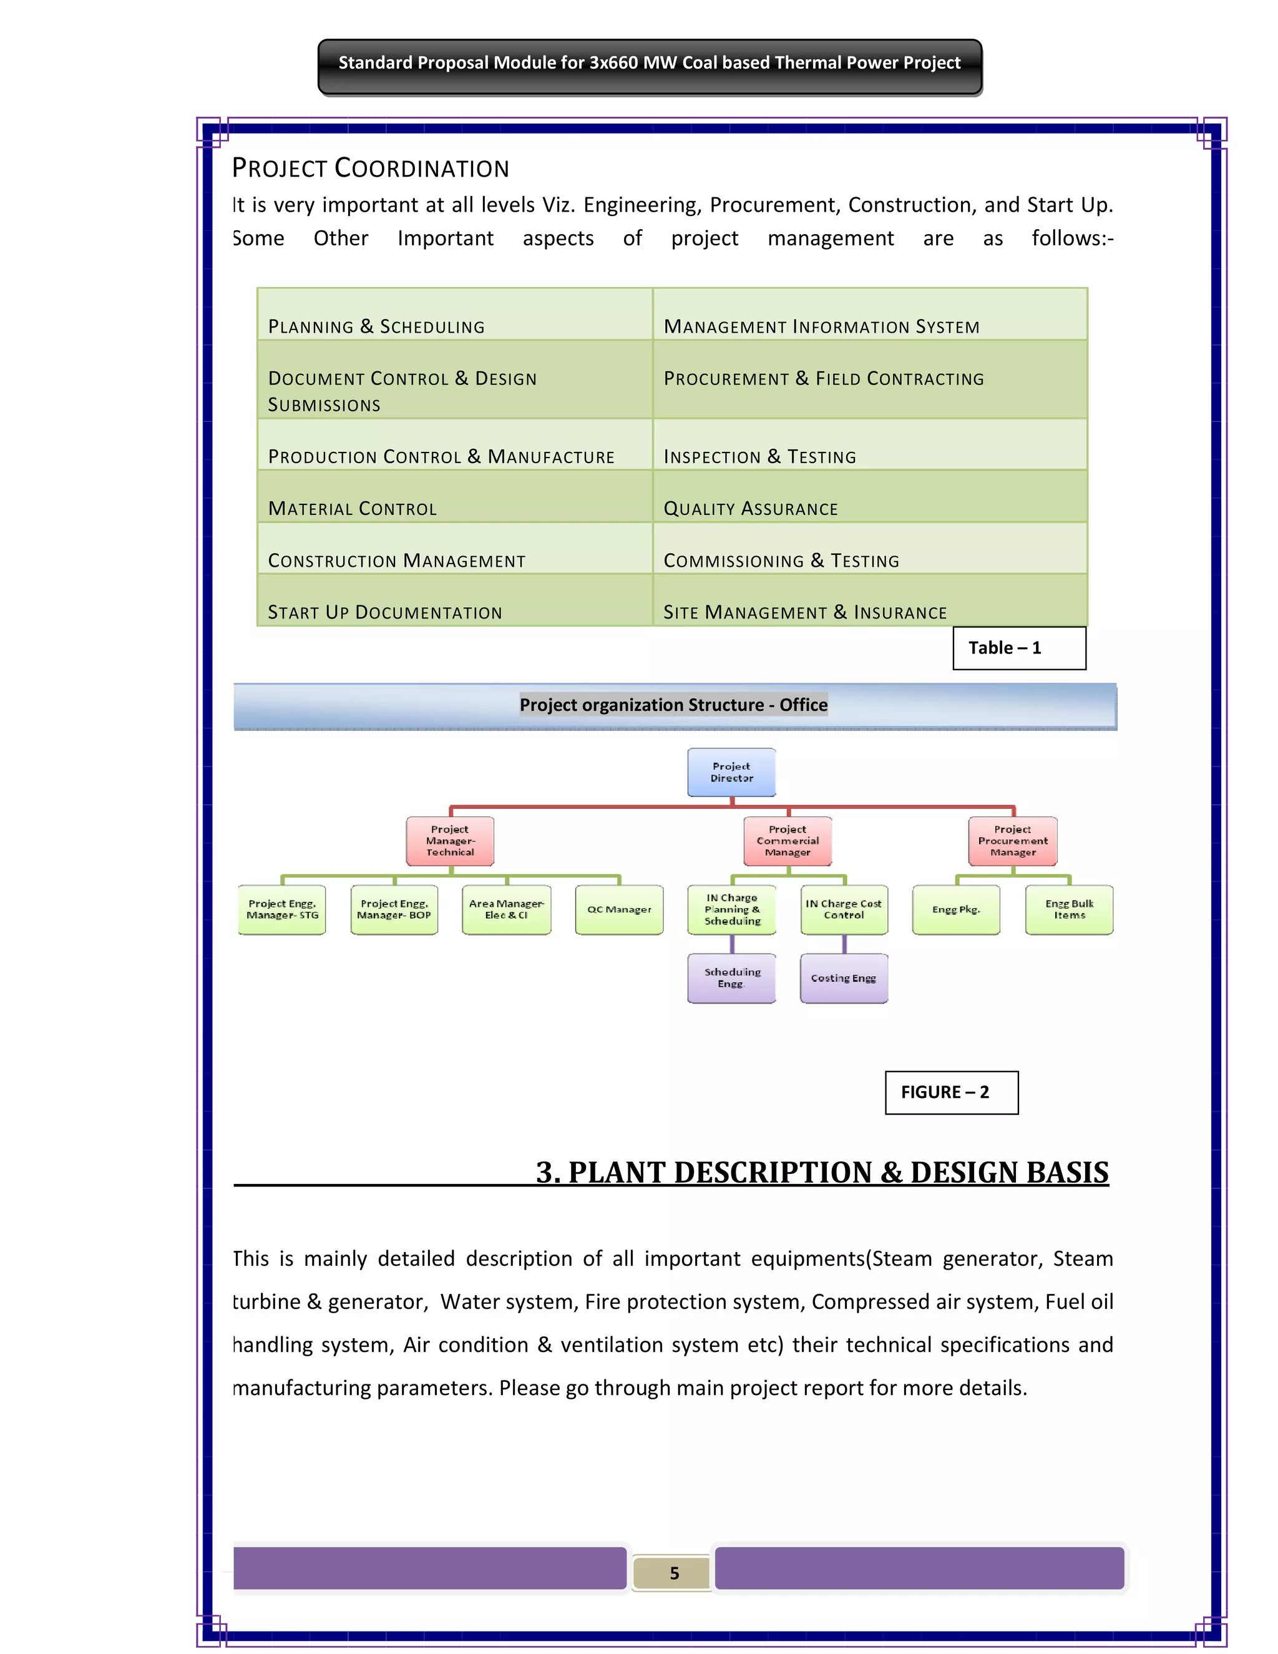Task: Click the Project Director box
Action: coord(731,773)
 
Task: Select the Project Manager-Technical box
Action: coord(450,841)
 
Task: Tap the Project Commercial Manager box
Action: coord(788,841)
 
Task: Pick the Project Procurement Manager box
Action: coord(1012,841)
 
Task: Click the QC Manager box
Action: coord(618,909)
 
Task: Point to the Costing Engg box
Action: coord(844,979)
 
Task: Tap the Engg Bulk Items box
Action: coord(1069,909)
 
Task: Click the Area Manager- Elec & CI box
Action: coord(507,909)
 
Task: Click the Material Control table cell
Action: coord(454,497)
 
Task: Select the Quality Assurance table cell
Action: coord(869,497)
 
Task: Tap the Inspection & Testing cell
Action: coord(869,445)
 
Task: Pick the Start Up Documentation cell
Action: coord(454,600)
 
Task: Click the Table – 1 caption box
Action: coord(1019,648)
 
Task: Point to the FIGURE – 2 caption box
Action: coord(952,1092)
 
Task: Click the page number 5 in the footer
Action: coord(674,1573)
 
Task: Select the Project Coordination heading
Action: coord(370,168)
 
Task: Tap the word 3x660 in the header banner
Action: coord(613,63)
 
